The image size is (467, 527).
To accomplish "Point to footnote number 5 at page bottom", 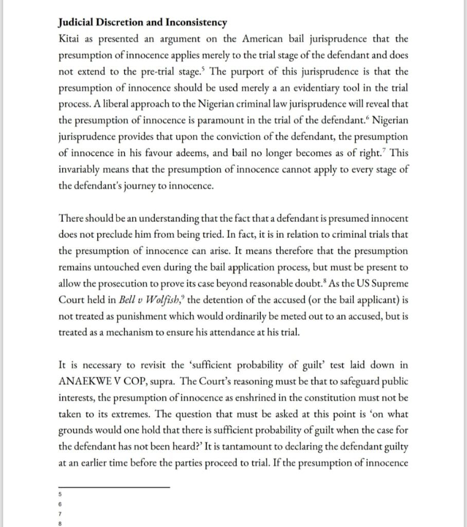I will (61, 495).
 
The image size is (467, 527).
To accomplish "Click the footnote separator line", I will (114, 486).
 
